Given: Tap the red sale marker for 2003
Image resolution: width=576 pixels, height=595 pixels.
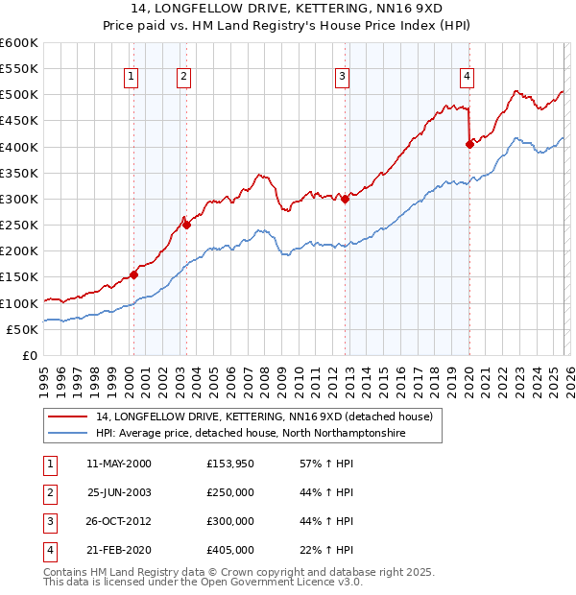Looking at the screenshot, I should pos(186,225).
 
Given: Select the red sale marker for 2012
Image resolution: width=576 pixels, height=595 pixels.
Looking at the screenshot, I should pos(345,199).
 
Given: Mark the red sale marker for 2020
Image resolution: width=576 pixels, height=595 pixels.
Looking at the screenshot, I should pos(469,144).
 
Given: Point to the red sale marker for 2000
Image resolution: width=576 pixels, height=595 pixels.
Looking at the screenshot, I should pos(133,274).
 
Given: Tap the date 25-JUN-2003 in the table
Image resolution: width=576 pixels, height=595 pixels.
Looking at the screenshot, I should pos(119,491).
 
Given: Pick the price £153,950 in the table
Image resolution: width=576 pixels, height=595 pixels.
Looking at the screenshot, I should pos(230,463).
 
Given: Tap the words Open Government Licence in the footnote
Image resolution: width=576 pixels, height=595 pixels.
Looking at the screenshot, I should pos(268,582).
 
